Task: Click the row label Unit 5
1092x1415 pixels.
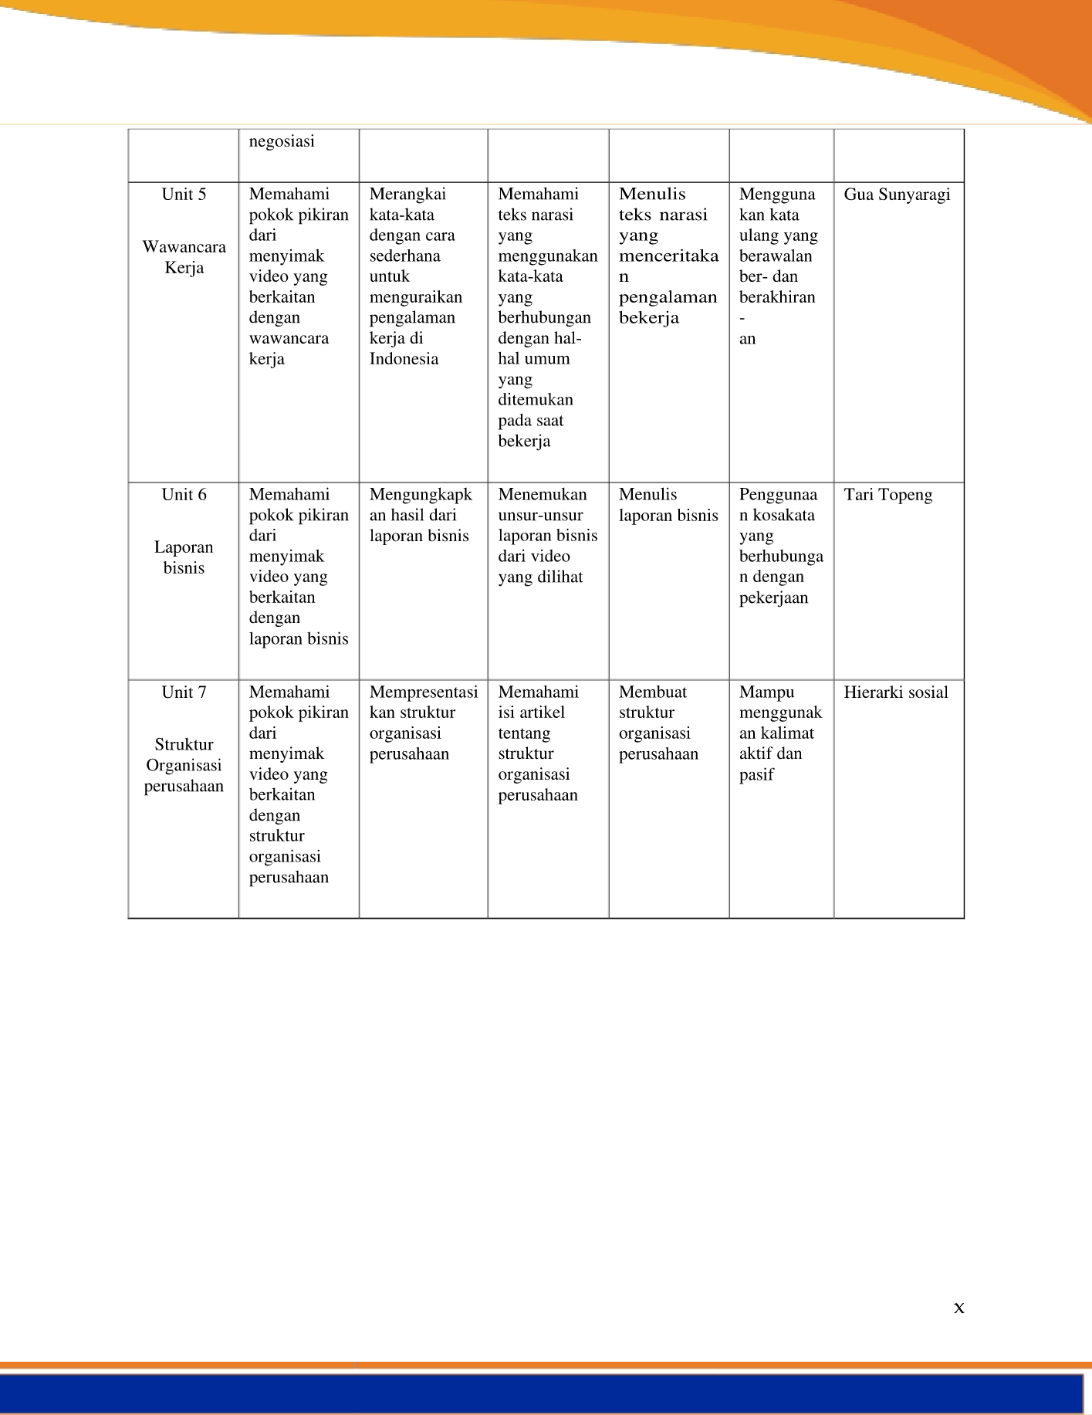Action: (x=184, y=195)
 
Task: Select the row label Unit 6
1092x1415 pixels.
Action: (x=184, y=495)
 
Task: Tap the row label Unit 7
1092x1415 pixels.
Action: (x=184, y=692)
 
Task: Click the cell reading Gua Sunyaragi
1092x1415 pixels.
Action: (x=897, y=195)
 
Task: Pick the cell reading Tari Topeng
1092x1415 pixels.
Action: (x=887, y=495)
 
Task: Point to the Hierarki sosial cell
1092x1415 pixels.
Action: (x=895, y=692)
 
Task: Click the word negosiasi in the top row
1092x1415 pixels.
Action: (x=282, y=141)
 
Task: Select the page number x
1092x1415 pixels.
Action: (x=958, y=1307)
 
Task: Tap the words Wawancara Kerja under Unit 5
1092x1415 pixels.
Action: (x=184, y=257)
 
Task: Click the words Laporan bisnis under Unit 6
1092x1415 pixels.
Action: (x=184, y=557)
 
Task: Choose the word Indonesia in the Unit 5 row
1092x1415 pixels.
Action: (x=404, y=359)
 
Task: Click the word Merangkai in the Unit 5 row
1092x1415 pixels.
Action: (x=407, y=195)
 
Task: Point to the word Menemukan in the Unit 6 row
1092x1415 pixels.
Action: (x=542, y=495)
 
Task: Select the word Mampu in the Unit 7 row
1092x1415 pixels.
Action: (x=766, y=692)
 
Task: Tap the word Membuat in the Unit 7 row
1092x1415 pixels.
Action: (x=652, y=692)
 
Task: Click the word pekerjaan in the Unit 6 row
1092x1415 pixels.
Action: (x=773, y=598)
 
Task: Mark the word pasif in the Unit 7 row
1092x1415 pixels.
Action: (x=756, y=775)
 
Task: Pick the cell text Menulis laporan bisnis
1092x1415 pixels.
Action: (x=668, y=505)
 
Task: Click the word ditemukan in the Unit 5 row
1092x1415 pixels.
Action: (x=535, y=400)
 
